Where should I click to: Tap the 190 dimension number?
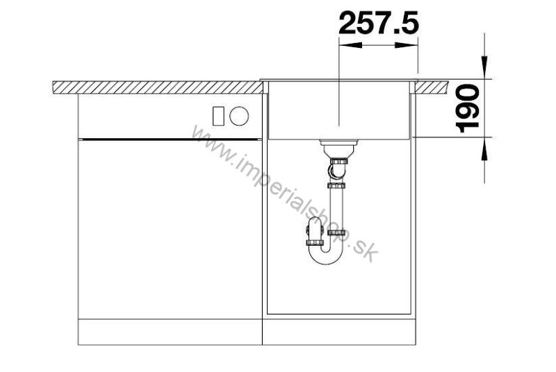pos(467,108)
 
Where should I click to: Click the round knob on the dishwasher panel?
pos(239,116)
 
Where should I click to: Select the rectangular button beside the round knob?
pos(218,116)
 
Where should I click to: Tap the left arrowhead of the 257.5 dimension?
pos(350,45)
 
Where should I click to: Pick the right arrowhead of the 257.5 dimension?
pos(407,45)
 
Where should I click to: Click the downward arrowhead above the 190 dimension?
pos(484,67)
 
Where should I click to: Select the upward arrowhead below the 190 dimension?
pos(484,149)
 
